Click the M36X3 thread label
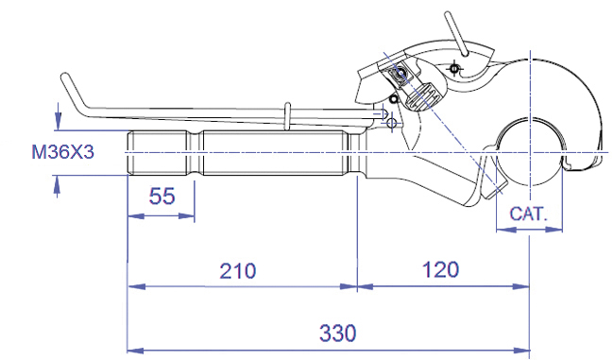pos(62,152)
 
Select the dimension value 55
pos(162,196)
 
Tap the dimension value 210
pos(238,270)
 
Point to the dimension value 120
pos(440,270)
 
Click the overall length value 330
pos(337,334)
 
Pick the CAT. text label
pos(528,214)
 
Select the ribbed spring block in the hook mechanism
pos(423,96)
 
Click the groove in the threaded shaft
pos(195,152)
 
